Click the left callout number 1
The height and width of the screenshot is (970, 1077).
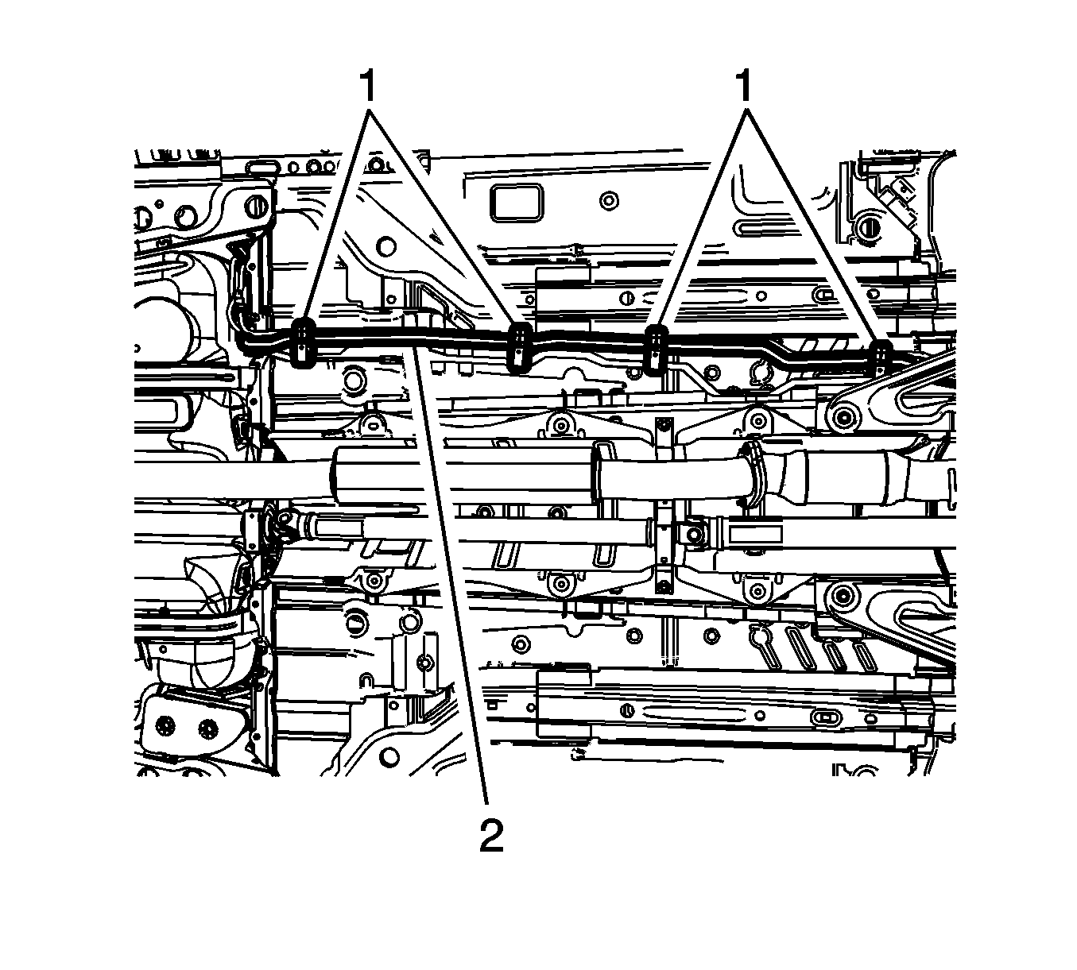pyautogui.click(x=368, y=87)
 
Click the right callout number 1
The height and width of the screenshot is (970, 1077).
pyautogui.click(x=745, y=87)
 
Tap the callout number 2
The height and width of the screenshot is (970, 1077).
pyautogui.click(x=491, y=837)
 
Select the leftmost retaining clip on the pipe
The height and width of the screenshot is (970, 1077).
pyautogui.click(x=303, y=343)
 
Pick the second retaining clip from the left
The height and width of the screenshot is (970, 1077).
pyautogui.click(x=520, y=347)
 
